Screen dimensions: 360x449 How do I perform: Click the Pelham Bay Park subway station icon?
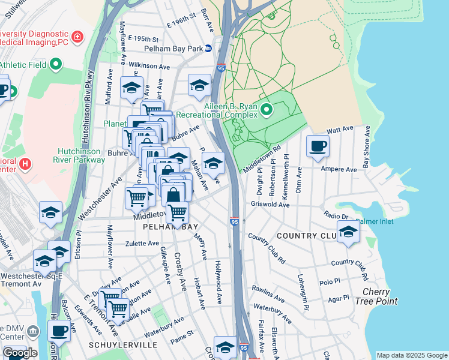208,48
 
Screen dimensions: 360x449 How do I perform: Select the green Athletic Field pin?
56,64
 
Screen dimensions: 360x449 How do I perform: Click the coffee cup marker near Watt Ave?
318,146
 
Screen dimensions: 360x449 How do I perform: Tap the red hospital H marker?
25,163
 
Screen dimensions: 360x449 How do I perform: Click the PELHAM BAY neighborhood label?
167,227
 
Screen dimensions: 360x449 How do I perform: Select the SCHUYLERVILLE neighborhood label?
123,345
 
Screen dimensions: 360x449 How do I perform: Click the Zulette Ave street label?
142,244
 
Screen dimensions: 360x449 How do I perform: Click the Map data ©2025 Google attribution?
412,355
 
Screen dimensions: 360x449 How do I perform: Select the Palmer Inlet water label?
375,221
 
